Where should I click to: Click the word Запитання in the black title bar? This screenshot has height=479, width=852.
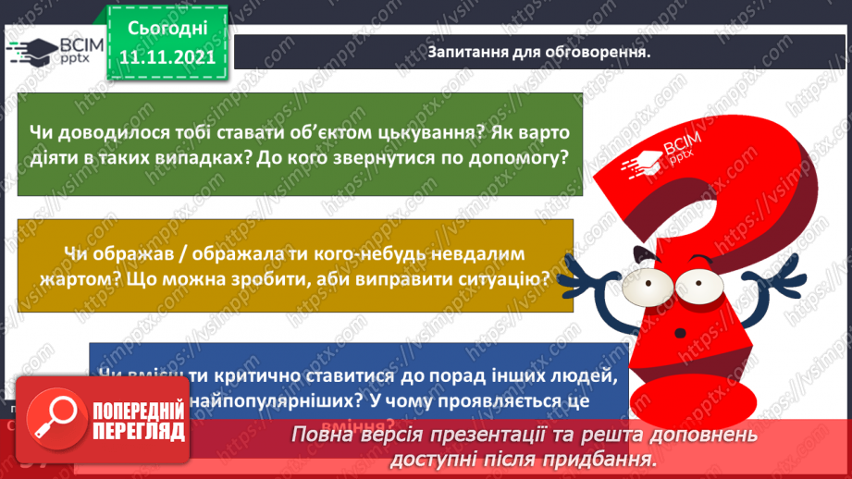[x=467, y=52]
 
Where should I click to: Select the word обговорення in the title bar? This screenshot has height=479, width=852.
[x=599, y=52]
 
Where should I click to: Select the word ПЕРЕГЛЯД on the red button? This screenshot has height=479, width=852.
[x=137, y=432]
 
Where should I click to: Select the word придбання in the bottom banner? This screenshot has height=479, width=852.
[x=611, y=459]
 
